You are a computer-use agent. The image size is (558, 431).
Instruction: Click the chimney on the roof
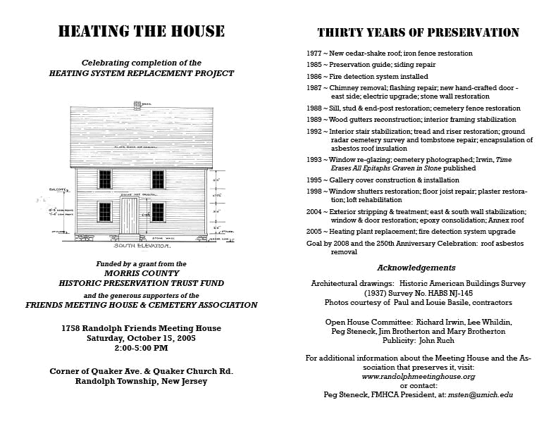point(137,106)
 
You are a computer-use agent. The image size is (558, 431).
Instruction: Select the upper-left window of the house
point(105,179)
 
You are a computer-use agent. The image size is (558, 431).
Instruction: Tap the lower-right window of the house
point(158,211)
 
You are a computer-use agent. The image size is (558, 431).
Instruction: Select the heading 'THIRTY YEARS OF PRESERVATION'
point(418,33)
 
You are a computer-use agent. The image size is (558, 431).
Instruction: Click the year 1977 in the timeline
point(314,54)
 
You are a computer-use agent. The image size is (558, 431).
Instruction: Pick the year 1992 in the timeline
point(314,132)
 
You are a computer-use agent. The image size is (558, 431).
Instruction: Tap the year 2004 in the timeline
point(314,212)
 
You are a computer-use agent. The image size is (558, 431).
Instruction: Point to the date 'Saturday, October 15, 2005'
point(141,338)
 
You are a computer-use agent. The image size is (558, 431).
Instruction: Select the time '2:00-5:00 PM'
point(141,348)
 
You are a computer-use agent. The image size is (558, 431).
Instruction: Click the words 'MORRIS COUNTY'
point(142,273)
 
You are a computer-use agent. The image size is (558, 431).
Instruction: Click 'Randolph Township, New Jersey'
point(141,381)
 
